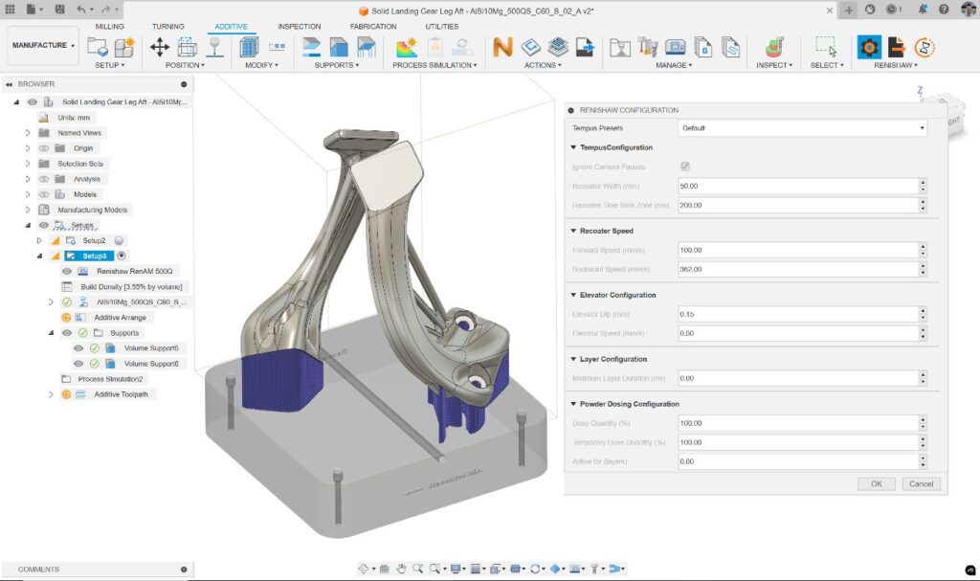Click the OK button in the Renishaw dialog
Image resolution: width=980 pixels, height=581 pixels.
(x=876, y=483)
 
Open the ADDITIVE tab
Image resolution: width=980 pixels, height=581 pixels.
(x=231, y=27)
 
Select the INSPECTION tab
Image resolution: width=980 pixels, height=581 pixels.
(x=300, y=27)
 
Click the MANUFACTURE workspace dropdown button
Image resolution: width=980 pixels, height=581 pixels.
(x=43, y=45)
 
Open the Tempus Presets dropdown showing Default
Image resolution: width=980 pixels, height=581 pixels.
(x=802, y=127)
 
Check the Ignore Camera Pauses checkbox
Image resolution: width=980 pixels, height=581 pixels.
(x=684, y=167)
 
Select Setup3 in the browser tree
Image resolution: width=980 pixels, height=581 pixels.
(x=95, y=256)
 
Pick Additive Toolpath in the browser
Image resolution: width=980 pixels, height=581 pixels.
(x=121, y=393)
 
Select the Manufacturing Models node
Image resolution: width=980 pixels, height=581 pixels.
(x=92, y=210)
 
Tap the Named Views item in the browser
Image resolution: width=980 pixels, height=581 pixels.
(x=79, y=133)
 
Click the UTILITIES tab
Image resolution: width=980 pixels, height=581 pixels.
(x=442, y=27)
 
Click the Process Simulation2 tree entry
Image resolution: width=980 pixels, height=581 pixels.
(x=110, y=378)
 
